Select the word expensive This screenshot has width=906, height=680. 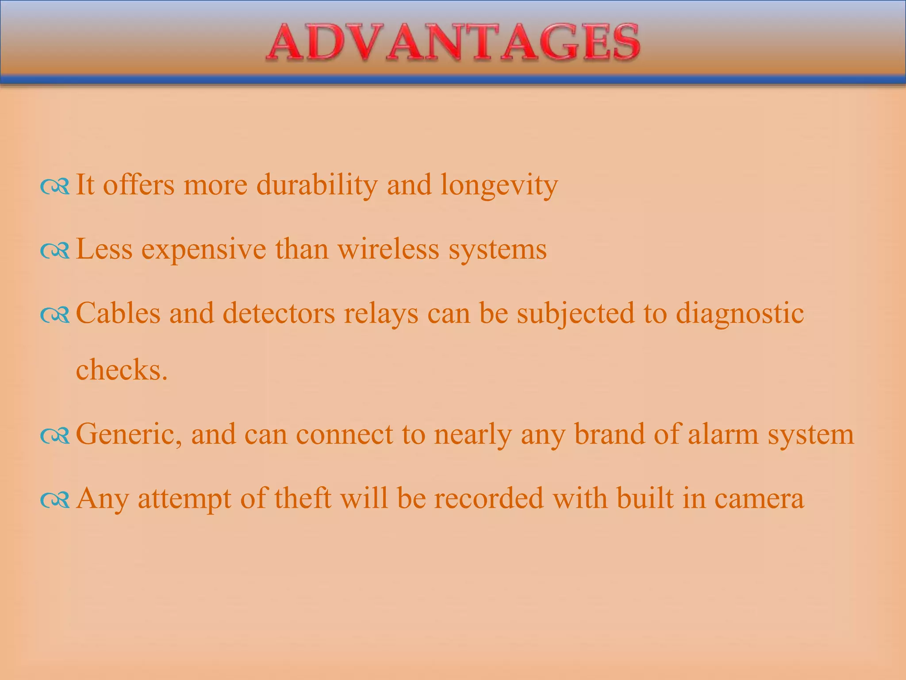tap(203, 249)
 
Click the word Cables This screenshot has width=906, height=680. tap(118, 313)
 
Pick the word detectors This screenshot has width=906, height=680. tap(279, 313)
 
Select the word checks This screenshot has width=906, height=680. tap(122, 370)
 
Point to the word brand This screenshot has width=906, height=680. tap(609, 434)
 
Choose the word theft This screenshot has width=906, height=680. tap(303, 498)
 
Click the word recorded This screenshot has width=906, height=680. tap(488, 498)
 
